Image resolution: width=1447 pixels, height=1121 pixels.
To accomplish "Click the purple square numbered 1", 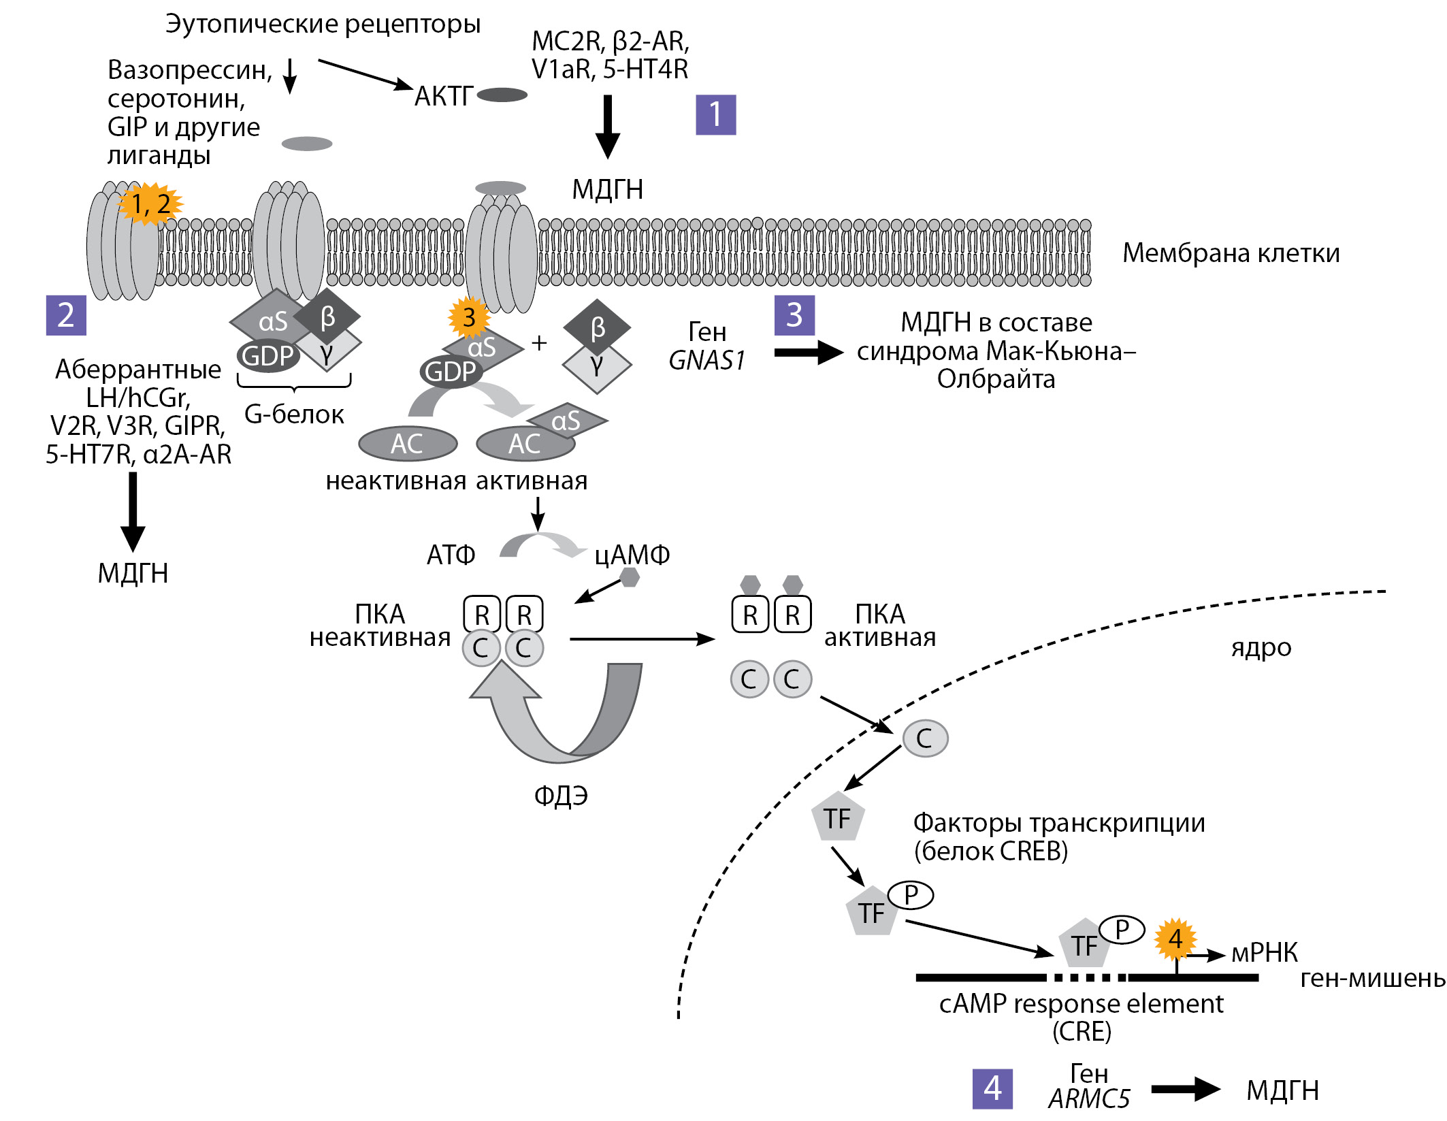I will (x=715, y=114).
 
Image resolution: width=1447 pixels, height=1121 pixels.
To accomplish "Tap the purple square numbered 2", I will (x=66, y=315).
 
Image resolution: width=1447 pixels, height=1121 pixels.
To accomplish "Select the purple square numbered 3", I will (x=794, y=315).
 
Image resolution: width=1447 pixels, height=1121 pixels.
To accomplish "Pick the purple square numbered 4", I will (x=992, y=1088).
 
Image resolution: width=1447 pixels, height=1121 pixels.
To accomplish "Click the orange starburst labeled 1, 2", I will (x=150, y=204).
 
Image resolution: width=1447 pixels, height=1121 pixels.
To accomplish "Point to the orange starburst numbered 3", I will (x=469, y=317).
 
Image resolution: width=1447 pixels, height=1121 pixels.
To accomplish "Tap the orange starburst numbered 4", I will (x=1175, y=939).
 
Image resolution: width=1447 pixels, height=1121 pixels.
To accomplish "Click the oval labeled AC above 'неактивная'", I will (x=408, y=444).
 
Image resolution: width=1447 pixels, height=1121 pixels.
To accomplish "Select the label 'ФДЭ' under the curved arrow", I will (x=561, y=795).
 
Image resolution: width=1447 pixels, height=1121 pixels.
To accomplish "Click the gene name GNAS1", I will (x=707, y=360).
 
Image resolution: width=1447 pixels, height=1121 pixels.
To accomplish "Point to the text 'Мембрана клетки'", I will (x=1231, y=253).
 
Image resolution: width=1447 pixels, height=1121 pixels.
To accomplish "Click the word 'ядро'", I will (x=1261, y=647).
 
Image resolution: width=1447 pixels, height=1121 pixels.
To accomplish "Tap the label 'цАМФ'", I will (x=632, y=555).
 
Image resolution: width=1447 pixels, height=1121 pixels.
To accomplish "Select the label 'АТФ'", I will (x=451, y=555).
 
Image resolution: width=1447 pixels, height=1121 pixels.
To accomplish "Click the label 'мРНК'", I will (x=1265, y=952).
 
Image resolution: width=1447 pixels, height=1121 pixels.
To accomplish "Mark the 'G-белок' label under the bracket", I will (x=294, y=414).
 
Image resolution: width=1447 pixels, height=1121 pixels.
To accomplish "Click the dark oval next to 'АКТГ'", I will (x=502, y=95).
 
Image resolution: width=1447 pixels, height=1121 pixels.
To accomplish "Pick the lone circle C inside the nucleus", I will (x=925, y=738).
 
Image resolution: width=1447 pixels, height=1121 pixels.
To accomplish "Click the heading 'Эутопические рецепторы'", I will (x=323, y=24).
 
